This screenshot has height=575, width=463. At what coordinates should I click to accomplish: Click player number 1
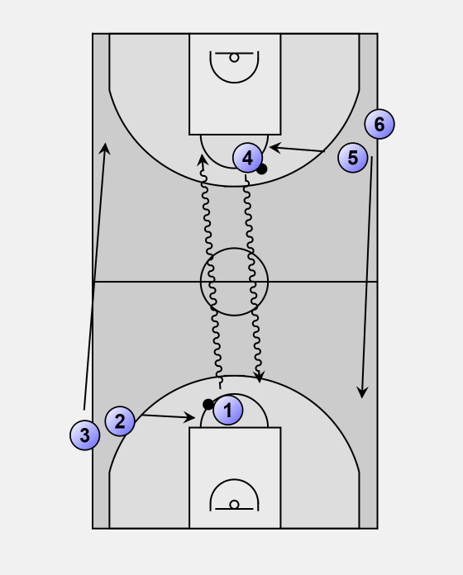(228, 410)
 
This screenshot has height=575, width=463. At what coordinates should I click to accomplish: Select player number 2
(120, 421)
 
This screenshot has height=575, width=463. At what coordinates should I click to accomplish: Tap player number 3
(85, 435)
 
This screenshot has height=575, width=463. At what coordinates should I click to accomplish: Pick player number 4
(248, 158)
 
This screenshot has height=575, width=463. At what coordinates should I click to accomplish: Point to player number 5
(352, 158)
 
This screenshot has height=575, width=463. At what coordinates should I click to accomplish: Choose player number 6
(379, 124)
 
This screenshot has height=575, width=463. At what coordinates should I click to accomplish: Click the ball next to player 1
(208, 405)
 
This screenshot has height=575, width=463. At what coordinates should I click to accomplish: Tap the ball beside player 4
(261, 169)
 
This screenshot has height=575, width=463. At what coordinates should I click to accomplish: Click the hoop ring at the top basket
(234, 58)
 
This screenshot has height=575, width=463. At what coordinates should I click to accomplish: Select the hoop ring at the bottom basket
(234, 505)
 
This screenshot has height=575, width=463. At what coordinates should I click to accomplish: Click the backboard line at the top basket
(234, 54)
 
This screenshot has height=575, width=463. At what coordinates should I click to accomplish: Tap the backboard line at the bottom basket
(234, 509)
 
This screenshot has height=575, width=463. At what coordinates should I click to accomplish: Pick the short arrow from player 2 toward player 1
(169, 416)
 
